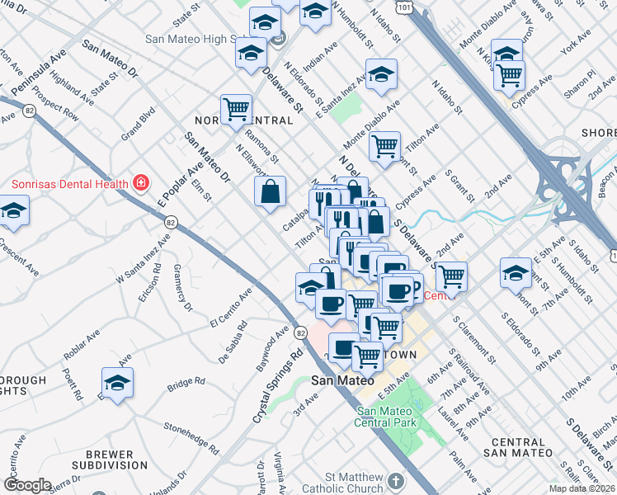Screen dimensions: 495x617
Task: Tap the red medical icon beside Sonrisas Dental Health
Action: click(142, 182)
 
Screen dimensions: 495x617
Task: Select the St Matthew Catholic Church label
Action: click(355, 483)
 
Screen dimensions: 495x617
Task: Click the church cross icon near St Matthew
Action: click(396, 481)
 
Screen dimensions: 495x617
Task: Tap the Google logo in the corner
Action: click(26, 485)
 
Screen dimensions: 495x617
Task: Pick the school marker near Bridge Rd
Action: click(118, 383)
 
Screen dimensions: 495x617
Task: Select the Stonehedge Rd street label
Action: click(191, 439)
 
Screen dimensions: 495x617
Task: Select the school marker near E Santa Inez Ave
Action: click(381, 75)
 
